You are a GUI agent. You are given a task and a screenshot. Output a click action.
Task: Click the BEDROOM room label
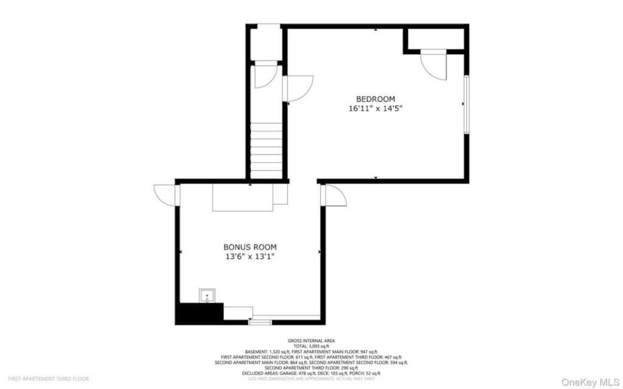[375, 99]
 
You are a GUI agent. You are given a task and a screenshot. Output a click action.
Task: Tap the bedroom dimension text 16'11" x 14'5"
[375, 109]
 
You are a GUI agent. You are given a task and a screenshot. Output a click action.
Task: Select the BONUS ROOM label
[249, 247]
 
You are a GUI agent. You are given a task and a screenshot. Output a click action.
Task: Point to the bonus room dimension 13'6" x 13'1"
[249, 256]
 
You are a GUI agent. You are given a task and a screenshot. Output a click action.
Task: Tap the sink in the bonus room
[207, 296]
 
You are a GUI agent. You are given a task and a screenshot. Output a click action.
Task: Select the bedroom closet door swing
[434, 66]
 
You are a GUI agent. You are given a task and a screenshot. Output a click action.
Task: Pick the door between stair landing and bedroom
[298, 88]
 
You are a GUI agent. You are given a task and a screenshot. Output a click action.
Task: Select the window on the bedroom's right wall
[467, 104]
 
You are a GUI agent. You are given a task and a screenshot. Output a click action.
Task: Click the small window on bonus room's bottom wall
[260, 322]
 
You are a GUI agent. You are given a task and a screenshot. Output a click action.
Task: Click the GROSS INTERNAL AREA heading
[311, 340]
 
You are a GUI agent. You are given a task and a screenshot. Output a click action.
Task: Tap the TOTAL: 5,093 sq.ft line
[311, 346]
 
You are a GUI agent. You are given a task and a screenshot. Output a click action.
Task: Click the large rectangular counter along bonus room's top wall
[242, 197]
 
